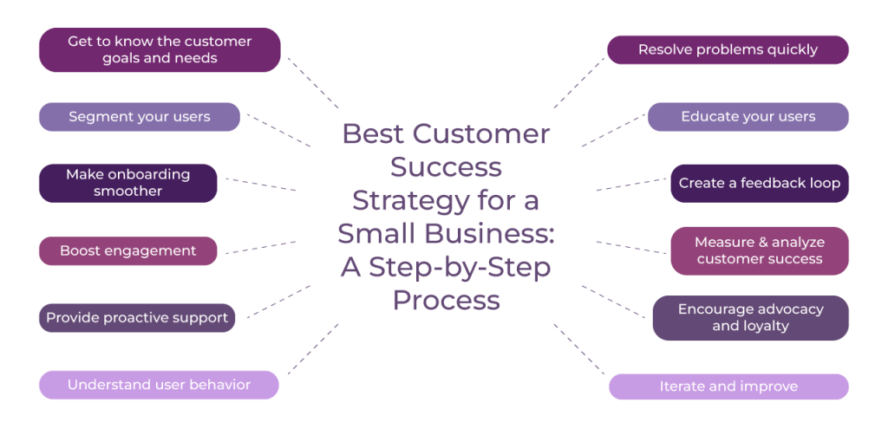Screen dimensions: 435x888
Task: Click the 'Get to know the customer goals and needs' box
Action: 160,49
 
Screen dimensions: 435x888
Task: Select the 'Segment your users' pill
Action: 139,117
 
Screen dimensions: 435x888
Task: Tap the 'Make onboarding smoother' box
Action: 127,183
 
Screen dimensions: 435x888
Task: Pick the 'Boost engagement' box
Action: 127,250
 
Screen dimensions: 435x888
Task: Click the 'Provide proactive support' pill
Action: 137,317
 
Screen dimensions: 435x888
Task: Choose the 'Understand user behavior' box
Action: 159,385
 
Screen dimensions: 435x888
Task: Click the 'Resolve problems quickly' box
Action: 728,49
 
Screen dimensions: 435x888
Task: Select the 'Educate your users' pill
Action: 748,117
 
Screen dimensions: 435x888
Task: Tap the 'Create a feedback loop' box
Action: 759,183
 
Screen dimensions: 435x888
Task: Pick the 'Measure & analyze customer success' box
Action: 759,250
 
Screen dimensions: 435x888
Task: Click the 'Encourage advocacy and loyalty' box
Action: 750,317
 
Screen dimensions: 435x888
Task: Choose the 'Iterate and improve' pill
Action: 728,386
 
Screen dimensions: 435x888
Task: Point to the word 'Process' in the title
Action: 446,300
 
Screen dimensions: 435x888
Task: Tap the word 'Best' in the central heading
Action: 371,134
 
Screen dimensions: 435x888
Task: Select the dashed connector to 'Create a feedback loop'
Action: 631,184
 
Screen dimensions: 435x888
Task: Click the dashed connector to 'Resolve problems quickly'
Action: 579,83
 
